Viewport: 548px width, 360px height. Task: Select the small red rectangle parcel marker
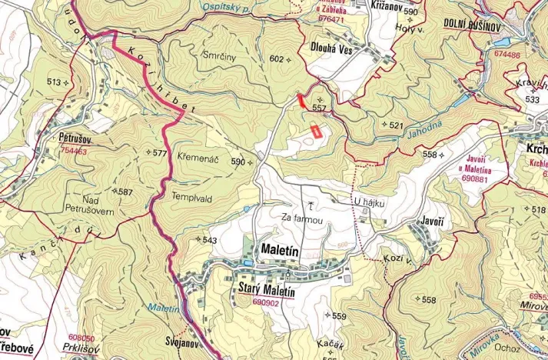314,131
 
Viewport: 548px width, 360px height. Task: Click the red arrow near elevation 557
301,100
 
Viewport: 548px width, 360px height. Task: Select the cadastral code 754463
73,152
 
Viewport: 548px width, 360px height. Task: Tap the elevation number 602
277,59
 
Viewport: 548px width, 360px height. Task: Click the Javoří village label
431,221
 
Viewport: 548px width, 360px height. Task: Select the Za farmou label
301,220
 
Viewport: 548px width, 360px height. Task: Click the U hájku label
369,202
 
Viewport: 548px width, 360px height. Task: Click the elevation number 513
54,82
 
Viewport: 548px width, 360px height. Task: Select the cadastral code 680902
265,303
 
